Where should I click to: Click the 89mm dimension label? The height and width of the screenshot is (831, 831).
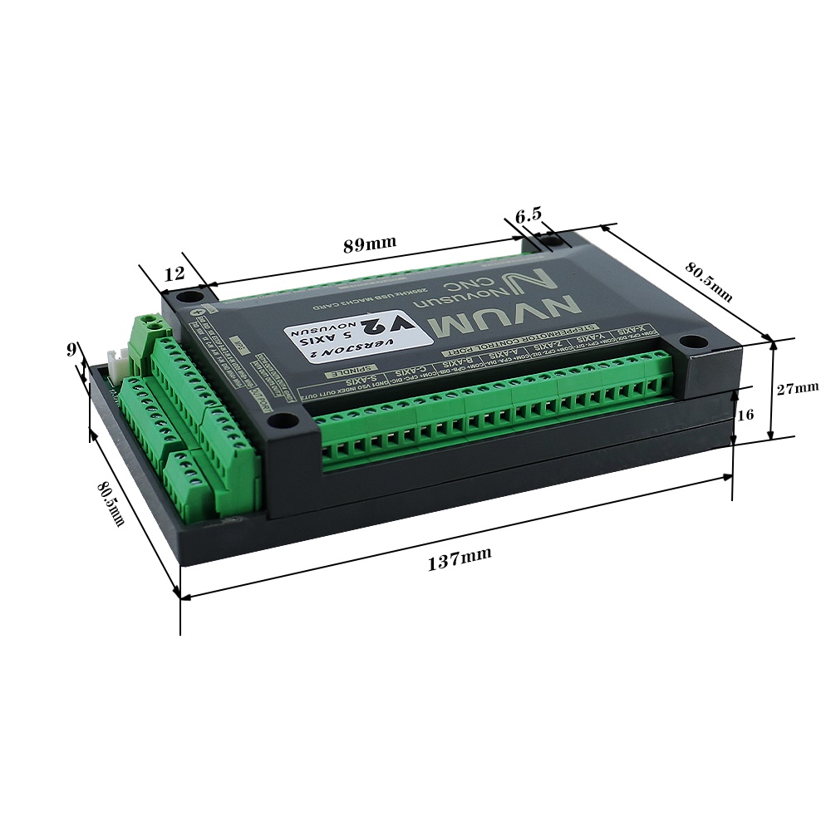click(370, 244)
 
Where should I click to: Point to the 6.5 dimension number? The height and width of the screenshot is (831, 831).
click(529, 216)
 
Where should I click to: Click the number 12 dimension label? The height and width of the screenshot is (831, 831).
click(174, 273)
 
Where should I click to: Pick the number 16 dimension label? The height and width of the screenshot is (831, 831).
click(745, 414)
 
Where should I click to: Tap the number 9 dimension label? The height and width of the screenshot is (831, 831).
click(71, 350)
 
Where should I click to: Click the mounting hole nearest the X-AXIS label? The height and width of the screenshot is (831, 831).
click(690, 342)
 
